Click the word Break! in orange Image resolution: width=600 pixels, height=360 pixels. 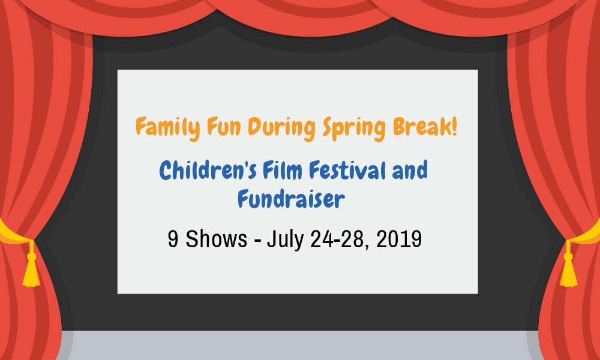coord(425,127)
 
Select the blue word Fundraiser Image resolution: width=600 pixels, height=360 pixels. coord(291,199)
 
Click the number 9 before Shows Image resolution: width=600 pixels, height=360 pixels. coord(173,239)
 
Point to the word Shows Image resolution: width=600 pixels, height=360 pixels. coord(216,239)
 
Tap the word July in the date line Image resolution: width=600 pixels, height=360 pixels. coord(284,240)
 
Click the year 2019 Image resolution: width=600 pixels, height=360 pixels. coord(399,239)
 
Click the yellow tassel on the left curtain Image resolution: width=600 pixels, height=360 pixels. coord(31,265)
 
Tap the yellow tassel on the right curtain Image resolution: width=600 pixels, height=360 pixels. coord(569,265)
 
